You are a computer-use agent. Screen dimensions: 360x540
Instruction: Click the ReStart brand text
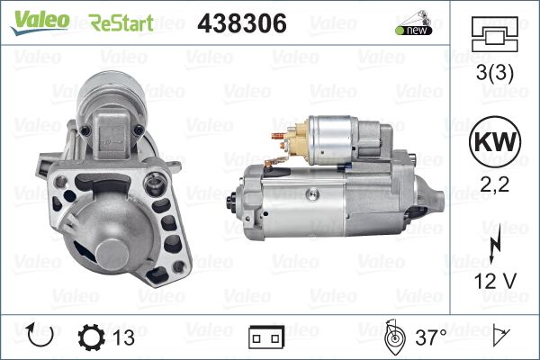click(121, 22)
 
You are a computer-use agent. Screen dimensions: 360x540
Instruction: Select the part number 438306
click(241, 22)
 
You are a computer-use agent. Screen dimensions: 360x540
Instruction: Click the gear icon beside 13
click(93, 337)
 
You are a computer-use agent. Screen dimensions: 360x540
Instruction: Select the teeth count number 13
click(124, 337)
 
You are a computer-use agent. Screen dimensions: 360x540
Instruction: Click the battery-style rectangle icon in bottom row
click(265, 338)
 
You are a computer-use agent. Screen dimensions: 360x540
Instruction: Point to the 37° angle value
click(431, 337)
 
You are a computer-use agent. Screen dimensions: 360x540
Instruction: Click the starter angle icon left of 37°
click(392, 337)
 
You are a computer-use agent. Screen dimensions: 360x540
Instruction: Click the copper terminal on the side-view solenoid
click(290, 138)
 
